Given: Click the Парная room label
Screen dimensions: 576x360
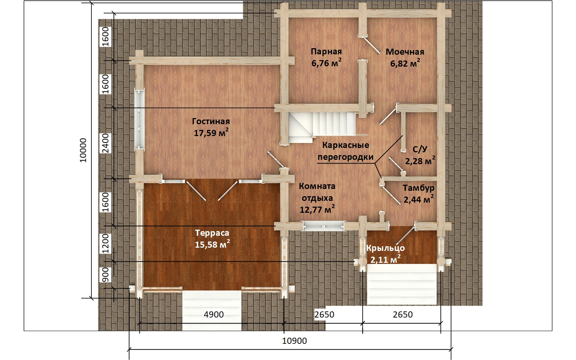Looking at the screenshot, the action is [x=326, y=51].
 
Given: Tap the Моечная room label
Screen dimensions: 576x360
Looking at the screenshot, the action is [x=405, y=52].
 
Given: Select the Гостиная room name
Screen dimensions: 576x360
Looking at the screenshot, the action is [x=211, y=121].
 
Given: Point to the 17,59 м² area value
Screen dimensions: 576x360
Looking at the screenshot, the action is [x=211, y=133].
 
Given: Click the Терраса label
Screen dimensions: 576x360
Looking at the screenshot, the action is [x=212, y=233].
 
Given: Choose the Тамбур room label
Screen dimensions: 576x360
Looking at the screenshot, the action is [x=418, y=188].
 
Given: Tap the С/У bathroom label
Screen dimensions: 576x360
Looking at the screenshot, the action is [x=420, y=149].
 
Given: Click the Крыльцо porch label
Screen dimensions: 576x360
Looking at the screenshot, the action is [x=386, y=248].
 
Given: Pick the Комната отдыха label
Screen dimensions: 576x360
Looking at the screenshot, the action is [x=317, y=192].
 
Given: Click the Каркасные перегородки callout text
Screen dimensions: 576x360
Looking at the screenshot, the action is [x=346, y=151].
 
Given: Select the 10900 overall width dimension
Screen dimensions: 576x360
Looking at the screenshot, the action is [x=294, y=341].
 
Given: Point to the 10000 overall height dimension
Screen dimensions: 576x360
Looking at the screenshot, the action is [x=83, y=150].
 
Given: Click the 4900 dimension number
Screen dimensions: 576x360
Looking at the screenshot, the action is [x=214, y=314].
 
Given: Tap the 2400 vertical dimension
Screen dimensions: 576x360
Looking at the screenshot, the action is [x=105, y=143].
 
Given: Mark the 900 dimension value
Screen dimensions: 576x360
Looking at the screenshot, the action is [x=105, y=275].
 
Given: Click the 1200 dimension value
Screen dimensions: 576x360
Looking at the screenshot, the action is [x=105, y=244].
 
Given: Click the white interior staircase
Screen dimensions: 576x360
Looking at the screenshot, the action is [x=322, y=128].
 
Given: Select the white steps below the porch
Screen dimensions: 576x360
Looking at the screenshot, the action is [x=402, y=284].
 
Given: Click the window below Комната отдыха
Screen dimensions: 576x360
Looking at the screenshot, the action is [x=324, y=226].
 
